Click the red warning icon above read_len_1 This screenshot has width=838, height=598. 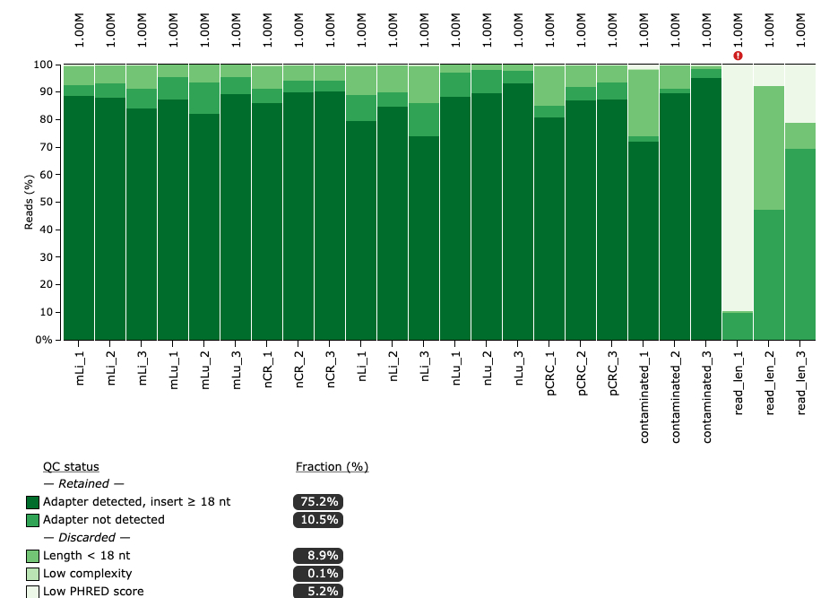coord(738,56)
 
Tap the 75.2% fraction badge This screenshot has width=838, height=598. coord(318,502)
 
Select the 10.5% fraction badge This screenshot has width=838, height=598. coord(318,520)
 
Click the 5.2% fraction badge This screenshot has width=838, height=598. coord(318,592)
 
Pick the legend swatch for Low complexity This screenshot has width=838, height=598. coord(33,574)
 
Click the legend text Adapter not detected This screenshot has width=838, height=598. coord(104,520)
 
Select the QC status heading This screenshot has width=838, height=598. coord(71,466)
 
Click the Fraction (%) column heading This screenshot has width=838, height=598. coord(332,466)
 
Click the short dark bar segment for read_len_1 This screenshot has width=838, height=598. coord(738,325)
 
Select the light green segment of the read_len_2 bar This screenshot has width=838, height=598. coord(769,148)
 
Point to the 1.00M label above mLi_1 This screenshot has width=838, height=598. coord(79,30)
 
